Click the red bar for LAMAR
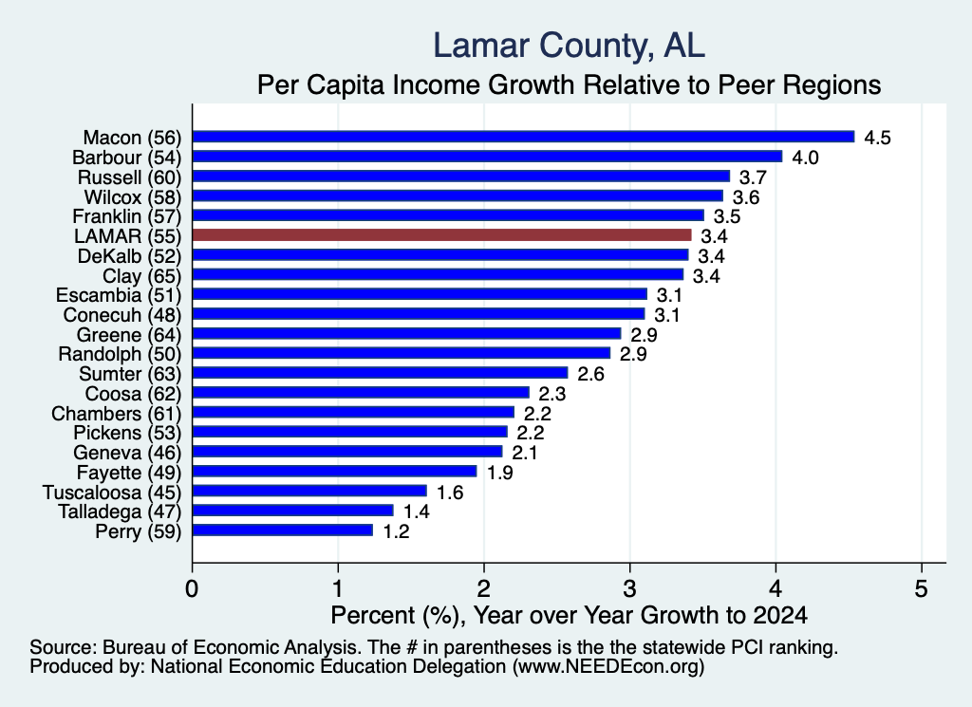point(442,234)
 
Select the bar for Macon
point(524,137)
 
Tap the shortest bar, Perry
point(283,530)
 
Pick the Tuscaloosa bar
point(310,491)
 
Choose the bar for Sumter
point(381,372)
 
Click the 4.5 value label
point(877,138)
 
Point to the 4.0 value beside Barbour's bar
point(805,158)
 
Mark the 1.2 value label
point(396,531)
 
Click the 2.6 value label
point(590,374)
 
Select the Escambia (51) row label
point(119,295)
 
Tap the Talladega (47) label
point(120,512)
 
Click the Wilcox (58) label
point(133,197)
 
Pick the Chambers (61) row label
point(117,414)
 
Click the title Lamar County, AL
point(570,46)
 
